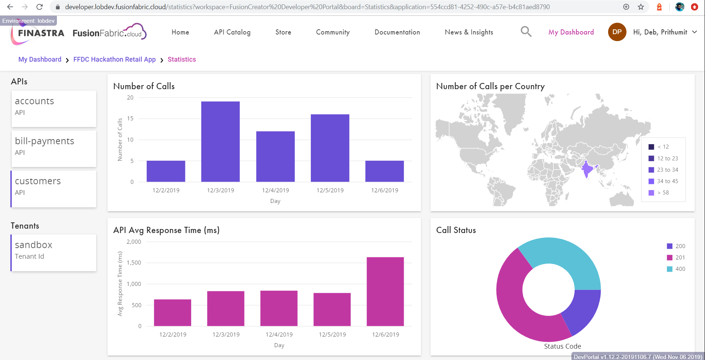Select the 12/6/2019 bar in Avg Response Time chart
[x=385, y=291]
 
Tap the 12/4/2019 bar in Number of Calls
[x=275, y=156]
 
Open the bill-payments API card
[x=54, y=149]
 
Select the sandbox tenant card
[x=54, y=253]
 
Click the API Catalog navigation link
[x=232, y=32]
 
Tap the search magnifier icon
[x=526, y=32]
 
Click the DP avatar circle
[x=617, y=32]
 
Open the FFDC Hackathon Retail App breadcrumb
[x=115, y=59]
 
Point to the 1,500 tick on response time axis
[x=134, y=263]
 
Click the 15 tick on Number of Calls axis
[x=130, y=119]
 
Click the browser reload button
[x=40, y=7]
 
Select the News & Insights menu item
[x=469, y=32]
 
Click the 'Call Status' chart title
[x=456, y=230]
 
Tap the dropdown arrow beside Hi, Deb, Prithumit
[x=694, y=32]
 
